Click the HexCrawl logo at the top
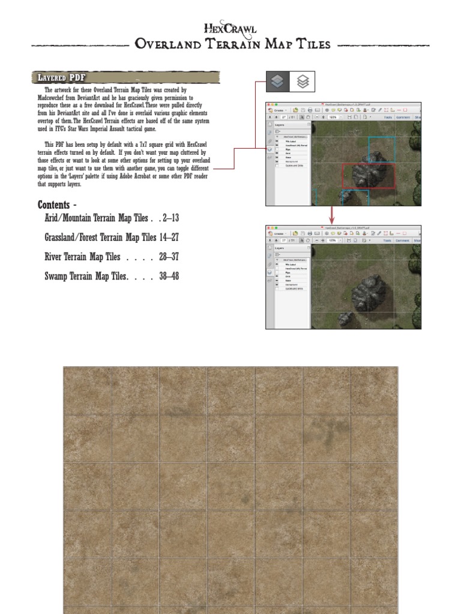pos(230,28)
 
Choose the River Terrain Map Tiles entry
pos(82,257)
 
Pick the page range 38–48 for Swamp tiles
pos(169,276)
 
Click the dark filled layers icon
pos(277,81)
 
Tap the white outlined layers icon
pos(303,81)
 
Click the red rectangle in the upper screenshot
pos(369,176)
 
